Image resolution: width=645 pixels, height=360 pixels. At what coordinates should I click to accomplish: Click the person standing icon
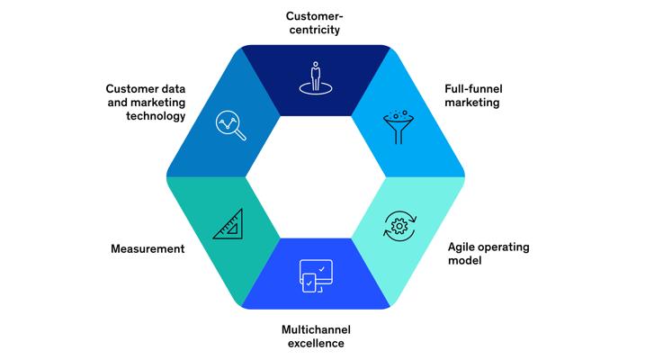coord(316,78)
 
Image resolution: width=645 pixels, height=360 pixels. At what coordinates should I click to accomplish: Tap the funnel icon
coord(399,127)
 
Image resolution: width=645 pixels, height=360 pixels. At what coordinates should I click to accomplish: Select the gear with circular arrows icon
coord(399,226)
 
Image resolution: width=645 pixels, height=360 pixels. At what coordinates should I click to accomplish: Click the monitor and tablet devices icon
coord(316,276)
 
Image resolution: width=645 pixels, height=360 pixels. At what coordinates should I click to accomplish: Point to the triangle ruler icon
coord(228,224)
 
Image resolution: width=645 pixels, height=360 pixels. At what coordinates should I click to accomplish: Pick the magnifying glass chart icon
coord(231,125)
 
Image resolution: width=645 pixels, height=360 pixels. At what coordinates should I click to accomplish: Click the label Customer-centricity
coord(315,23)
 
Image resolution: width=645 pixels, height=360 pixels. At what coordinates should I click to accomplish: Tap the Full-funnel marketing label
coord(473,95)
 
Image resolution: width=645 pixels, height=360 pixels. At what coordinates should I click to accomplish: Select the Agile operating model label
coord(488,254)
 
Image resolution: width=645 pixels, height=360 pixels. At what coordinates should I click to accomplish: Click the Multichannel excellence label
coord(316,336)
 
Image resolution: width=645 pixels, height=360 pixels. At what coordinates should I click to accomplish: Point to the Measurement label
coord(148,249)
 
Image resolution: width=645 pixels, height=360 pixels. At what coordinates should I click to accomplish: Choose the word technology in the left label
coord(156,116)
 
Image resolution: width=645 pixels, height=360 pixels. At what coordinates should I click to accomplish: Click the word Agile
coord(461,247)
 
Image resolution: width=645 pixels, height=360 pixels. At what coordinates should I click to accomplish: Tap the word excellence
coord(316,343)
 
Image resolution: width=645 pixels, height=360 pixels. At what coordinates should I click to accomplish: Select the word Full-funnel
coord(473,89)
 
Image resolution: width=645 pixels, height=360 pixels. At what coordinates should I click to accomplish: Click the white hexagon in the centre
coord(316,177)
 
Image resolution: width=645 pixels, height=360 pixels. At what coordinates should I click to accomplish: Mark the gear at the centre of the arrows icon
coord(399,226)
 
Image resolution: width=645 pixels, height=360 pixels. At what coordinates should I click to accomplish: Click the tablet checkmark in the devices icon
coord(309,283)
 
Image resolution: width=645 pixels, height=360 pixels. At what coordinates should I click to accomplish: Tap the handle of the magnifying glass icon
coord(241,135)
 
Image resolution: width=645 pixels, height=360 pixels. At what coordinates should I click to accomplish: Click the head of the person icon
coord(316,64)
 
